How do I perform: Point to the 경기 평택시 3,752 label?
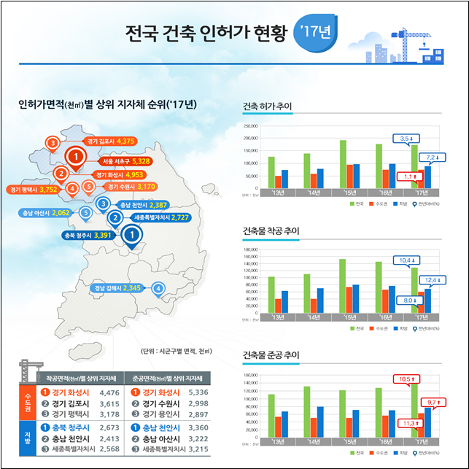[x=34, y=189]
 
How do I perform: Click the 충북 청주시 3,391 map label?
[x=88, y=235]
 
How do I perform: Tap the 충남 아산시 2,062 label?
[x=47, y=213]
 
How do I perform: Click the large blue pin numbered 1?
[x=131, y=236]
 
